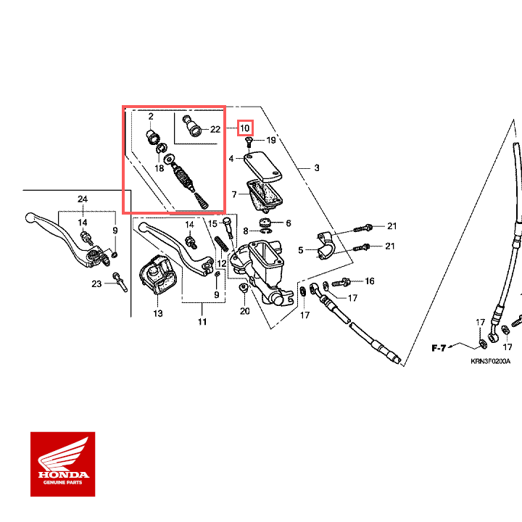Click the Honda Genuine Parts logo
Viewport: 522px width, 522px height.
[x=62, y=464]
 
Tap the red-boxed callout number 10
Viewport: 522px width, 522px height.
[x=246, y=128]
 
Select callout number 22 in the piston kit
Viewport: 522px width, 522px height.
[x=215, y=129]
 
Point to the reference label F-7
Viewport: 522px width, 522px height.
[x=439, y=349]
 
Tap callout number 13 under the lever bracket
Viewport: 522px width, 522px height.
[x=158, y=314]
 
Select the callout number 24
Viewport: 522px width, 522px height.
[x=83, y=199]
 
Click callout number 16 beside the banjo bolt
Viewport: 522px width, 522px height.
[x=369, y=281]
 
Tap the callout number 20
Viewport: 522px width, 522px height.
[x=244, y=311]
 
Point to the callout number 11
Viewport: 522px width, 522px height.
[x=202, y=321]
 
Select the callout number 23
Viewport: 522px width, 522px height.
[x=96, y=284]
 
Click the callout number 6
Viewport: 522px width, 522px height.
[x=288, y=223]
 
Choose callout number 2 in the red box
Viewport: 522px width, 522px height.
[x=151, y=116]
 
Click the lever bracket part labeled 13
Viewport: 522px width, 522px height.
[x=157, y=279]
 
